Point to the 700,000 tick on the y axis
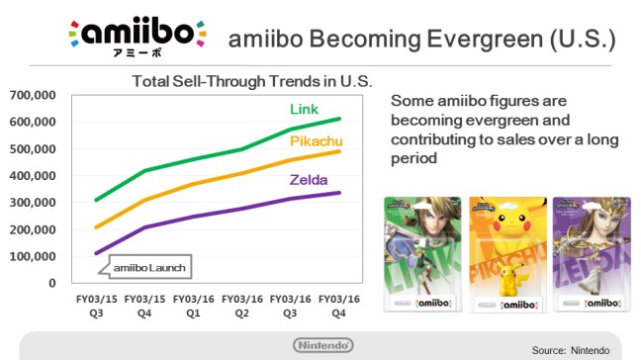point(32,95)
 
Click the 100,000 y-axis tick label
point(32,256)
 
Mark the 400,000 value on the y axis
point(32,176)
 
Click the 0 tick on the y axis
point(51,283)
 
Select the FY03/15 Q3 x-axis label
point(83,304)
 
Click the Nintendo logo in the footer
point(320,345)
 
